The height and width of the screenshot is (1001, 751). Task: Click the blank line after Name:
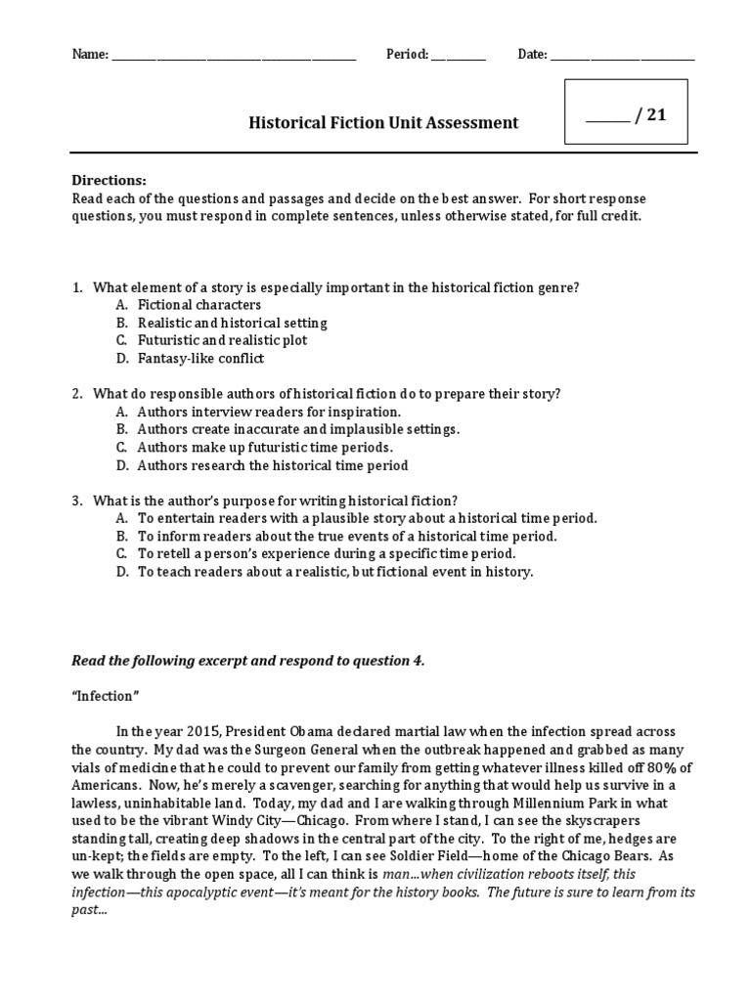235,57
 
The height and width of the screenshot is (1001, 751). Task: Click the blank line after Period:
458,57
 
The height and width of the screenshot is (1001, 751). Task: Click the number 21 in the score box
655,115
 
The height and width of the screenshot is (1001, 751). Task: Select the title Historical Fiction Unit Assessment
383,123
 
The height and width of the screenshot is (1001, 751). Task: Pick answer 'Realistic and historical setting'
232,323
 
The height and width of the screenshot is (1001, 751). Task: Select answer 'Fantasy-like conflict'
200,358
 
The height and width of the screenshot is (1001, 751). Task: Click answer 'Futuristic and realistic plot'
222,340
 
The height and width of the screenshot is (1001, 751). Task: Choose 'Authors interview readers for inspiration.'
269,412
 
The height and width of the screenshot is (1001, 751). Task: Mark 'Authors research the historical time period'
273,465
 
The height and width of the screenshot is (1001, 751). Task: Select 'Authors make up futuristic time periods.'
265,448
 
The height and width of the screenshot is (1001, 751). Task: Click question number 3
76,500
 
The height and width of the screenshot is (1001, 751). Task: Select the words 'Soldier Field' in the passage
520,856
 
